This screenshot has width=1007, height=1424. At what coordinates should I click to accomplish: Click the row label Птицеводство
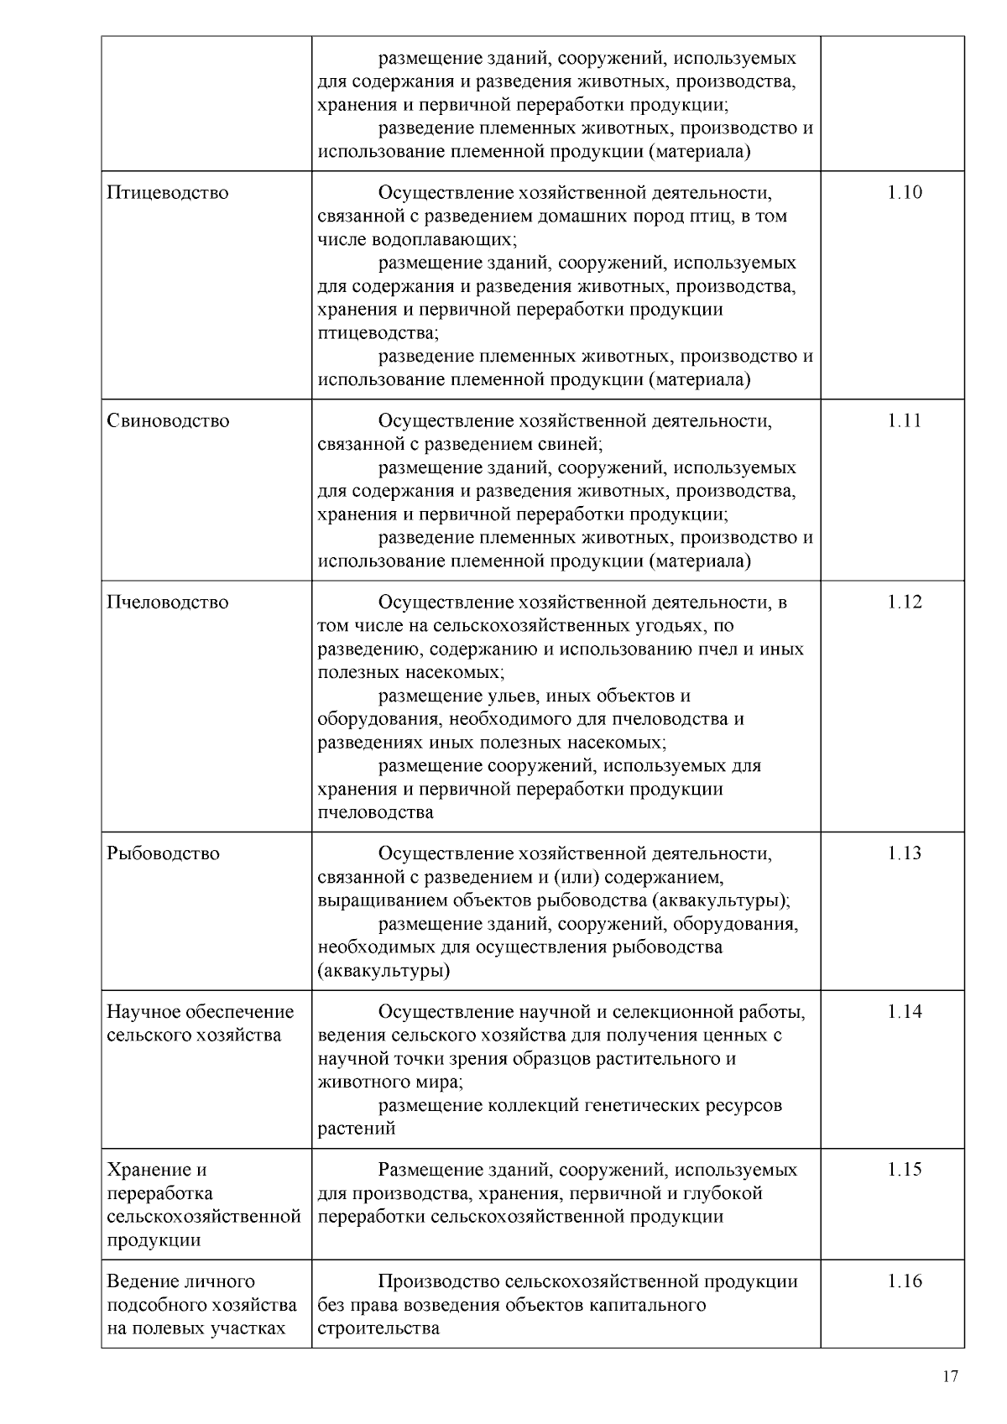(167, 193)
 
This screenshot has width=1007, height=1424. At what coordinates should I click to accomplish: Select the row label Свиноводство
(168, 421)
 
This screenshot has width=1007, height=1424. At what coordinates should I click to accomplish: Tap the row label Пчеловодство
(168, 602)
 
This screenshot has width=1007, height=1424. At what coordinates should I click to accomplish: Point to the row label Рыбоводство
(163, 853)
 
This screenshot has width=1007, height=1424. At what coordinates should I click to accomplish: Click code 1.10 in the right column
(904, 193)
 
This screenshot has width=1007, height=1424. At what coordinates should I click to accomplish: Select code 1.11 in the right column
(904, 421)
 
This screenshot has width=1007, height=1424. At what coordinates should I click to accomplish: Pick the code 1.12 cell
(904, 602)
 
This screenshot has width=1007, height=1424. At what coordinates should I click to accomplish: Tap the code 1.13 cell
(904, 853)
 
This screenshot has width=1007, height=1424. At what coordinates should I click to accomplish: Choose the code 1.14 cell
(904, 1012)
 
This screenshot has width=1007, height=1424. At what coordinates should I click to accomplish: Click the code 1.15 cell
(904, 1170)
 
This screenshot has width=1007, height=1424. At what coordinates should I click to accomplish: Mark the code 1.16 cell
(904, 1281)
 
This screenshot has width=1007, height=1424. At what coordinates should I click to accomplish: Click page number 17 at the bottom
(950, 1376)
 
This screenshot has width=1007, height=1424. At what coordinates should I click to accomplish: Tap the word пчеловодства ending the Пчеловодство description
(375, 812)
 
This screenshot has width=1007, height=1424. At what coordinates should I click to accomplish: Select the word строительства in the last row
(378, 1328)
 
